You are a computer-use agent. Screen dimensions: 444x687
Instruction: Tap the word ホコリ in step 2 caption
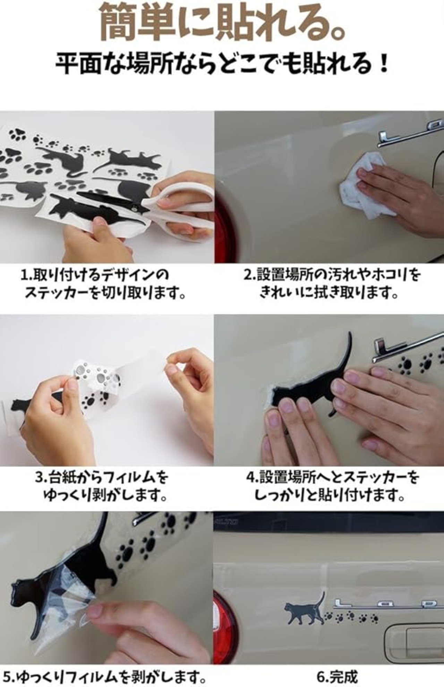391,275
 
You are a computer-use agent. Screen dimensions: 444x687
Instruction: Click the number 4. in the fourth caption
253,477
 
